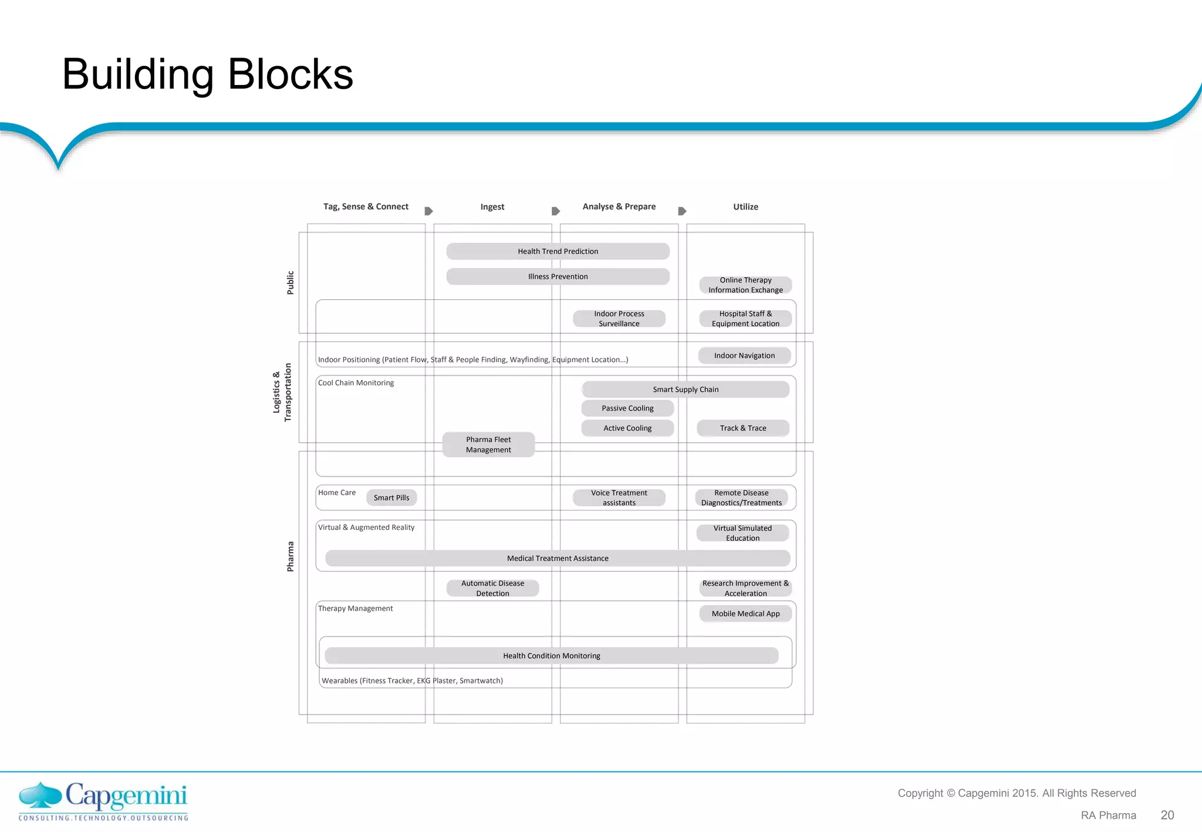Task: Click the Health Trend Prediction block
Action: click(558, 251)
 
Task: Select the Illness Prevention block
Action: click(558, 276)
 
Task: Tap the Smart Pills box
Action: click(391, 498)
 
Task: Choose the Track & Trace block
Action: click(743, 428)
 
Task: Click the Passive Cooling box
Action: click(627, 408)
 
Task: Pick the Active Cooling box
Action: click(627, 428)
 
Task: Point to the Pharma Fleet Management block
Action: click(488, 445)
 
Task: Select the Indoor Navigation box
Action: click(744, 356)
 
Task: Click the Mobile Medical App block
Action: click(745, 614)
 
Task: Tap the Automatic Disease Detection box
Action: click(492, 588)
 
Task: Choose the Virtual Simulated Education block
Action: click(742, 533)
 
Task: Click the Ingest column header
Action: click(492, 207)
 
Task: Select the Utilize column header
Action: click(745, 207)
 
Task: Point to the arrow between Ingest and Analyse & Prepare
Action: click(555, 211)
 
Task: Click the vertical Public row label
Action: click(290, 283)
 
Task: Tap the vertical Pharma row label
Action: click(290, 556)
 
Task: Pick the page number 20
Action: click(1167, 815)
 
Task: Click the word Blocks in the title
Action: click(290, 75)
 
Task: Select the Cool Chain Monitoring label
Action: click(356, 383)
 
